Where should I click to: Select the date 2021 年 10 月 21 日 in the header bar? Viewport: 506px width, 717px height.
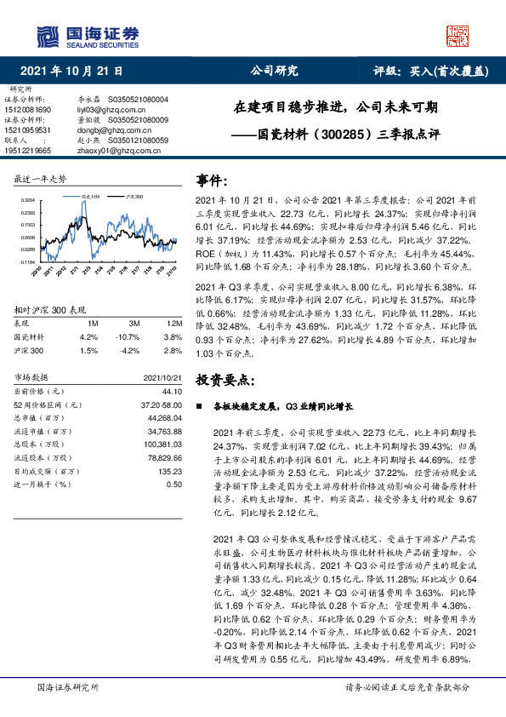coord(71,72)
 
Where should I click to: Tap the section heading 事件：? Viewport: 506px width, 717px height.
coord(213,181)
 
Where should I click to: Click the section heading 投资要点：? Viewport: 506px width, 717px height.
coord(225,378)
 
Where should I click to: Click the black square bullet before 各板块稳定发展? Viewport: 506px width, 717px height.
coord(200,407)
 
